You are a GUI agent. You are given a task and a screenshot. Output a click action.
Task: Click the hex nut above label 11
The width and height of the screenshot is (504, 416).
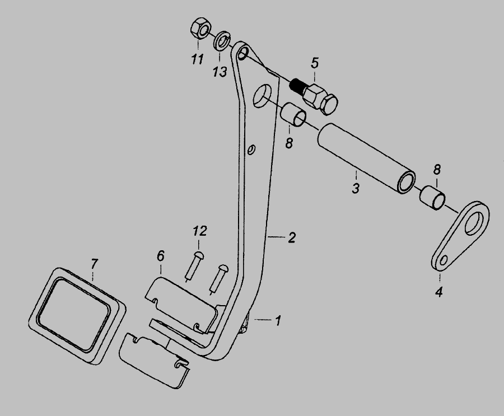[x=200, y=29]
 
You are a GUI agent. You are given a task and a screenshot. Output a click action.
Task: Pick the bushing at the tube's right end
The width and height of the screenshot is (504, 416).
[x=433, y=198]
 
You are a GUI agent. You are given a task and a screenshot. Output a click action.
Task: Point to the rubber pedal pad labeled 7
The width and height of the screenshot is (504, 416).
[x=76, y=310]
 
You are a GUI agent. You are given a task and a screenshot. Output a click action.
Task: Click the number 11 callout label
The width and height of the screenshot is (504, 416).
[x=196, y=58]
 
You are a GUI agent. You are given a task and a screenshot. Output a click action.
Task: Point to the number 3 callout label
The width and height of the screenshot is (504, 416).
[x=355, y=188]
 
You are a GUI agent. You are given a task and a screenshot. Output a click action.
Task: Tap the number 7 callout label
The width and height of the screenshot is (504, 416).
[x=94, y=263]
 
